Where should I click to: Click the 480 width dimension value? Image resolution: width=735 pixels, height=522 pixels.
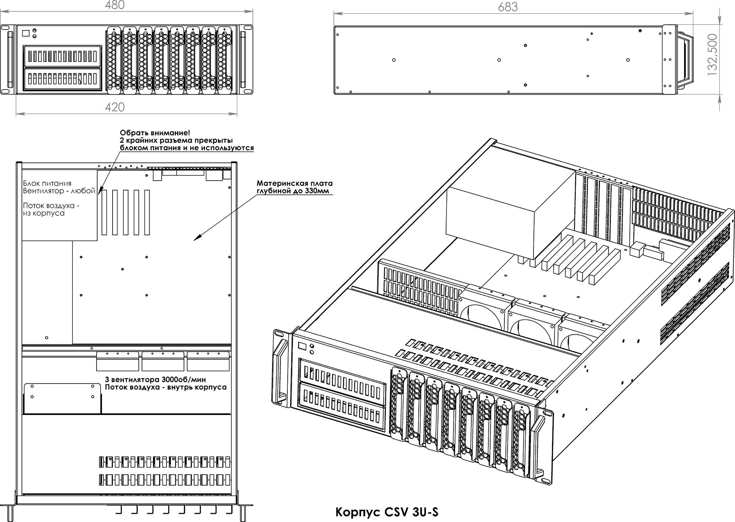pyautogui.click(x=115, y=5)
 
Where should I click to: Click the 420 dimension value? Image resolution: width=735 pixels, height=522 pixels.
pyautogui.click(x=115, y=107)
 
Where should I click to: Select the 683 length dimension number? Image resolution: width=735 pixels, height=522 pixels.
pyautogui.click(x=508, y=7)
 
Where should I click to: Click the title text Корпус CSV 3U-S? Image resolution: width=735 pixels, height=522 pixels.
pyautogui.click(x=387, y=512)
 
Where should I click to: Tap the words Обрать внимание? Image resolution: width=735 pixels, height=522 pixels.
pyautogui.click(x=155, y=133)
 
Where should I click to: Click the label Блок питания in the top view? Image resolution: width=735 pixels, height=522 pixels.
pyautogui.click(x=47, y=183)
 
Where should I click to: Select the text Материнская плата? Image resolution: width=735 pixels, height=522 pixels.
pyautogui.click(x=294, y=183)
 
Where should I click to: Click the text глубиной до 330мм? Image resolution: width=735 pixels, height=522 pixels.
pyautogui.click(x=293, y=191)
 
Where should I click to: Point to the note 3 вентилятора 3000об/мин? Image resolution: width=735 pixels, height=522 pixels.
pyautogui.click(x=156, y=379)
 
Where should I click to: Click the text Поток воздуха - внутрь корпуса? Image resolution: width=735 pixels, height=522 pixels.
pyautogui.click(x=166, y=387)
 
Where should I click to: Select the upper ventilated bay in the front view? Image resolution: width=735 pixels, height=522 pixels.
pyautogui.click(x=62, y=56)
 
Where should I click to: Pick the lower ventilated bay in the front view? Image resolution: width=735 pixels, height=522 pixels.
pyautogui.click(x=62, y=78)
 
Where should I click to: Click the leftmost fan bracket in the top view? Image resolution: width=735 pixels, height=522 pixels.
pyautogui.click(x=117, y=361)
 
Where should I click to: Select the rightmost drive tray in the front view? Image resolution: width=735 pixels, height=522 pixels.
pyautogui.click(x=224, y=60)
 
